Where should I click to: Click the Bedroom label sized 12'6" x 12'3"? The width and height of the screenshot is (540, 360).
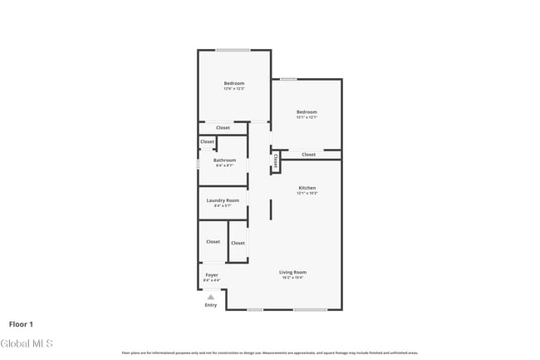pyautogui.click(x=233, y=83)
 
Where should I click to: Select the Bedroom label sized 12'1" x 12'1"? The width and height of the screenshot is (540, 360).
pyautogui.click(x=307, y=111)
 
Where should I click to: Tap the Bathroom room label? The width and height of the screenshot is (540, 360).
pyautogui.click(x=224, y=160)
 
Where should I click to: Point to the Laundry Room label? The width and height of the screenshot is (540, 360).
pyautogui.click(x=223, y=200)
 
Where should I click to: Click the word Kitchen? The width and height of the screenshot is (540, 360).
pyautogui.click(x=307, y=188)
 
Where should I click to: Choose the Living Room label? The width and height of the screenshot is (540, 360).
pyautogui.click(x=292, y=272)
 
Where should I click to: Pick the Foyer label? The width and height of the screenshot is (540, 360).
pyautogui.click(x=212, y=274)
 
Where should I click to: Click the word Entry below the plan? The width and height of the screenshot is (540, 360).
pyautogui.click(x=211, y=305)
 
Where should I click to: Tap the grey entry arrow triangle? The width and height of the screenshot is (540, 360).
pyautogui.click(x=211, y=297)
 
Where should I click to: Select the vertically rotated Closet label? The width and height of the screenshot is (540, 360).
pyautogui.click(x=275, y=161)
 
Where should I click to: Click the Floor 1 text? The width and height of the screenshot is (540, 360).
pyautogui.click(x=21, y=323)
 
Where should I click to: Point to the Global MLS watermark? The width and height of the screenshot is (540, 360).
pyautogui.click(x=27, y=343)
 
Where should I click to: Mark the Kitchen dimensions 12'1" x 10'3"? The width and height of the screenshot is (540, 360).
pyautogui.click(x=307, y=194)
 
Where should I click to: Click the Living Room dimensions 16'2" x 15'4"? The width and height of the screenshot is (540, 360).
pyautogui.click(x=292, y=278)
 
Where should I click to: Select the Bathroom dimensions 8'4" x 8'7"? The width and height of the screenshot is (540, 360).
pyautogui.click(x=224, y=165)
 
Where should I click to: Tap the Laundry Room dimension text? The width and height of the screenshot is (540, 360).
pyautogui.click(x=223, y=206)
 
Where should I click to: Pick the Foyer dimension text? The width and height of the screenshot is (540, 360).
pyautogui.click(x=212, y=280)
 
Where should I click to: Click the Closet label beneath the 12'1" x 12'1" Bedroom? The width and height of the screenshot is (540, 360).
pyautogui.click(x=308, y=155)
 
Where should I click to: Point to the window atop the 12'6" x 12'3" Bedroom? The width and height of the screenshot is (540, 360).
pyautogui.click(x=233, y=51)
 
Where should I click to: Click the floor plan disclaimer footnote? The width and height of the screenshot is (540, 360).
pyautogui.click(x=270, y=353)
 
